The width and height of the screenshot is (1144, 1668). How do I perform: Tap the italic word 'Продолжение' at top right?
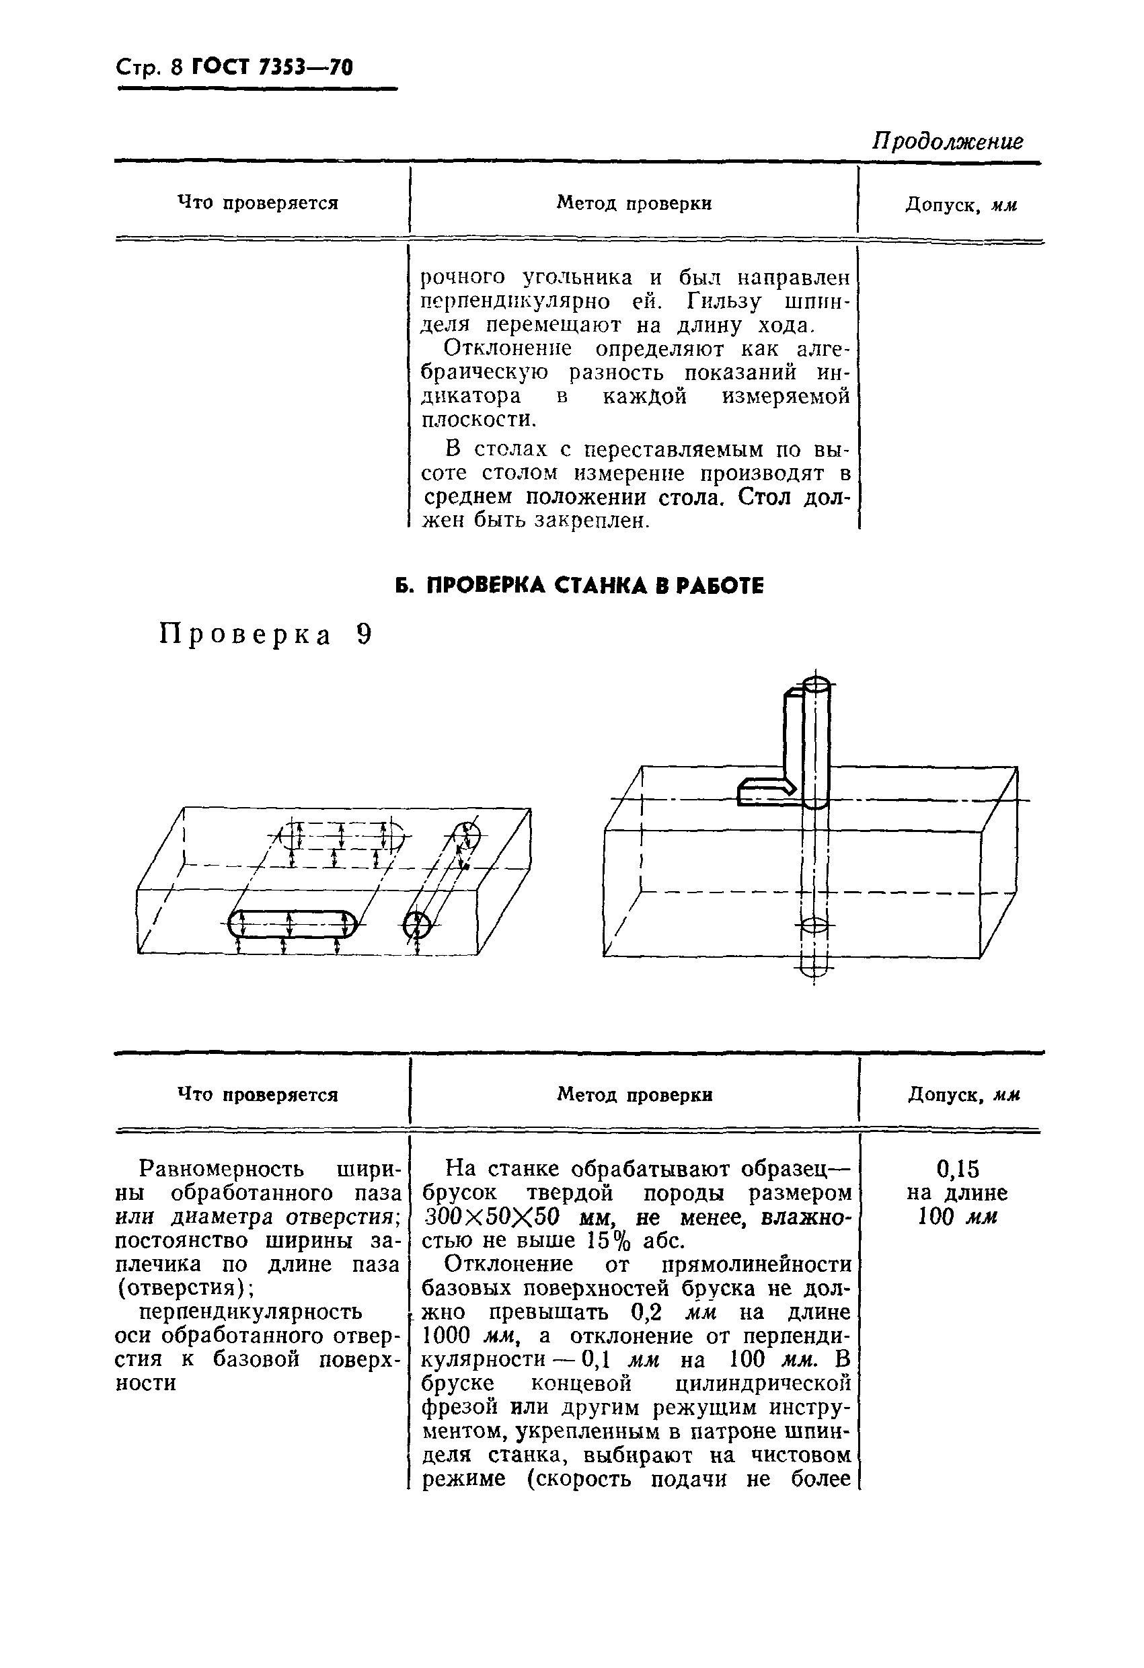pyautogui.click(x=948, y=141)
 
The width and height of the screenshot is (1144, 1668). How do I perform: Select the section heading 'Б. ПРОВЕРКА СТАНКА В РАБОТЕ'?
pyautogui.click(x=580, y=586)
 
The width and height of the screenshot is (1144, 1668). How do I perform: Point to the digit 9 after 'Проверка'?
pyautogui.click(x=364, y=634)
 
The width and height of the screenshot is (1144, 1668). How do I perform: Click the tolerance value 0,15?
pyautogui.click(x=958, y=1169)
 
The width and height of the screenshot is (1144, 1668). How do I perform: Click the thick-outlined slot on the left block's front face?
pyautogui.click(x=292, y=923)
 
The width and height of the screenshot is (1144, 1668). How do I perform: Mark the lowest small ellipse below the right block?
pyautogui.click(x=814, y=973)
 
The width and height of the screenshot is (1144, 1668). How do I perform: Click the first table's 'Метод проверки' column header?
pyautogui.click(x=634, y=203)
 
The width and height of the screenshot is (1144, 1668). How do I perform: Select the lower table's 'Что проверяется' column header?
pyautogui.click(x=258, y=1094)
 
